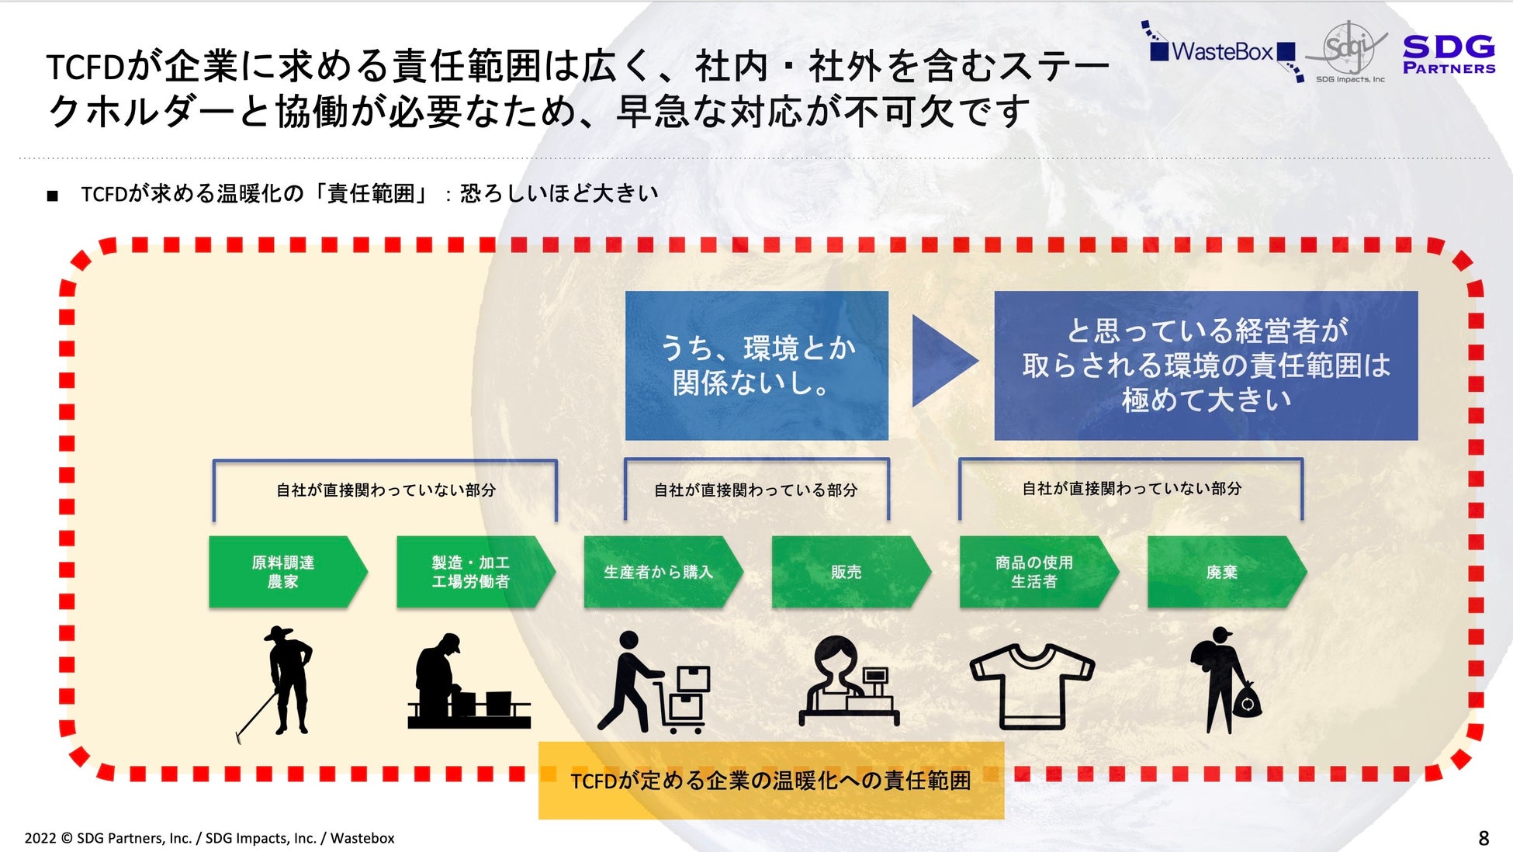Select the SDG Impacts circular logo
1349,48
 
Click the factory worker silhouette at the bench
466,683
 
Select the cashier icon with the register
848,681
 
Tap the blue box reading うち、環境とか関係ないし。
756,365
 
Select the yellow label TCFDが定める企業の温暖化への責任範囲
770,780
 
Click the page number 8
1483,838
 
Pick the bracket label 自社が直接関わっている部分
756,490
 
